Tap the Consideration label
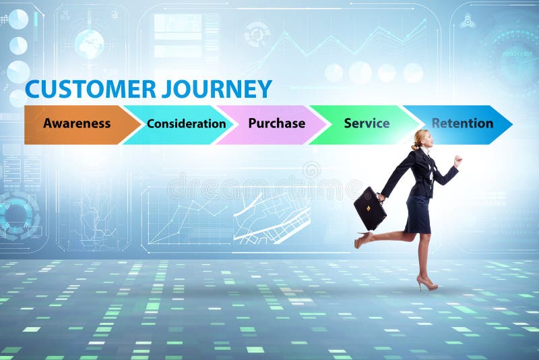click(186, 124)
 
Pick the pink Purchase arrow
click(276, 124)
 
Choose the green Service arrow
click(367, 124)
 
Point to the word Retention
click(462, 124)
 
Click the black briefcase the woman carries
click(370, 209)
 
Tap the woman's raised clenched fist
click(458, 160)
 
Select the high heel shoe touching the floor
click(426, 283)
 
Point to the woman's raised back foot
click(362, 239)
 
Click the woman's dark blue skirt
click(418, 214)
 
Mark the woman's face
click(426, 140)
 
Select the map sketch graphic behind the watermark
click(272, 216)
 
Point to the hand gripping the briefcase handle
click(381, 197)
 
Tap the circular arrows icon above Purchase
click(257, 34)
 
